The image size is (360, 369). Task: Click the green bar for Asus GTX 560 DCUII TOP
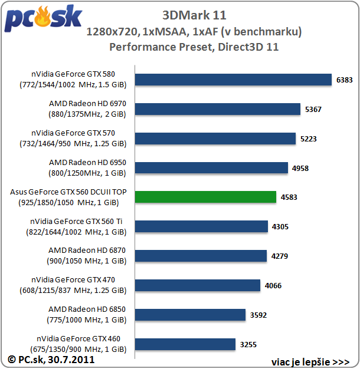coord(205,197)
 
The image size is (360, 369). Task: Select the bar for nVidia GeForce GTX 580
coord(233,80)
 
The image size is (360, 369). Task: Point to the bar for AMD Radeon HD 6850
coord(190,315)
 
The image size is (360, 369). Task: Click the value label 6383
coord(345,80)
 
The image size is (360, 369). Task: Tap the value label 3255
coord(248,344)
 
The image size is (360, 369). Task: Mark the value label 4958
coord(300,168)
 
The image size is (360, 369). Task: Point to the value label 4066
coord(273,285)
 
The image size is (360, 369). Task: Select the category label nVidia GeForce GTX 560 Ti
coord(76,226)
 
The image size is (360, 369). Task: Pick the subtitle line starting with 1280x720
coord(194,32)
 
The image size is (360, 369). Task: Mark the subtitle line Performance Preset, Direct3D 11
coord(194,47)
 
